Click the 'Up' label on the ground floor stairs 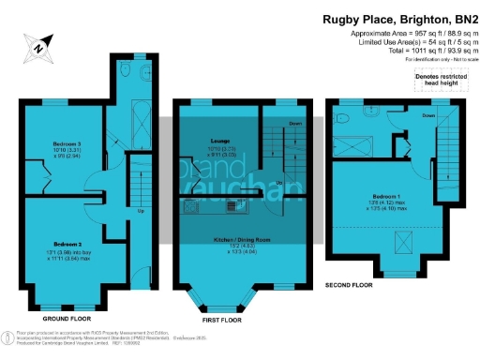141,211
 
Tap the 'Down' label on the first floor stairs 295,124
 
